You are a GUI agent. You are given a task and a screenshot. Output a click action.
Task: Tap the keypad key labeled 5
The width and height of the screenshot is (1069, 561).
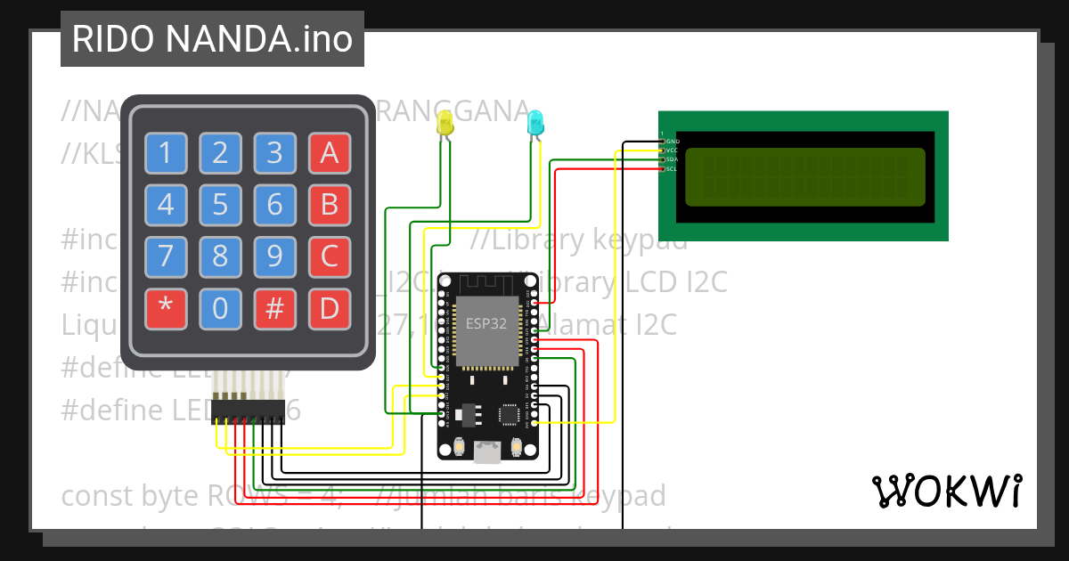pos(220,205)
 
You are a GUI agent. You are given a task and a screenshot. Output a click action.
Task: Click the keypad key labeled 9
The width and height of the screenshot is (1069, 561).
pos(275,257)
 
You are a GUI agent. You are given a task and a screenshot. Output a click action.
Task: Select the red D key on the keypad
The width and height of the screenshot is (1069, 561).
pos(330,310)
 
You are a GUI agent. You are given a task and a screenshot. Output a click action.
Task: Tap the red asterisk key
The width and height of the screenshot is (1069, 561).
pos(166,310)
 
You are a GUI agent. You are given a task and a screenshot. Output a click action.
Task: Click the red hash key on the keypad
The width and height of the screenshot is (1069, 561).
pos(275,310)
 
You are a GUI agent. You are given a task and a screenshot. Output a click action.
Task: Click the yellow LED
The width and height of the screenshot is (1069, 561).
pos(445,126)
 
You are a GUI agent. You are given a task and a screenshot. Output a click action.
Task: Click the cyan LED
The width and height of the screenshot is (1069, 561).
pos(535,123)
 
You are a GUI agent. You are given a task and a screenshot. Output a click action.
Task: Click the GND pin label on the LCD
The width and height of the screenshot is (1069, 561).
pos(673,142)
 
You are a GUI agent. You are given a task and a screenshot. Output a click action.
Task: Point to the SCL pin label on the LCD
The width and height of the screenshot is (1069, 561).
pos(673,168)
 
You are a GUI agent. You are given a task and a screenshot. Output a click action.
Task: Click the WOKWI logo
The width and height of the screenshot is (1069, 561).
pos(946,491)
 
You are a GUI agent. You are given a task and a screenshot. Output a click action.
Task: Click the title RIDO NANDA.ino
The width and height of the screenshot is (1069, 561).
pos(212,39)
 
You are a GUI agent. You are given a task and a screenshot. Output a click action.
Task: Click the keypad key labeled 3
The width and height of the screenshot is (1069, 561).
pos(275,153)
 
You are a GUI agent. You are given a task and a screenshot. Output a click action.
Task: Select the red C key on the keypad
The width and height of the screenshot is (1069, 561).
pos(330,257)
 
